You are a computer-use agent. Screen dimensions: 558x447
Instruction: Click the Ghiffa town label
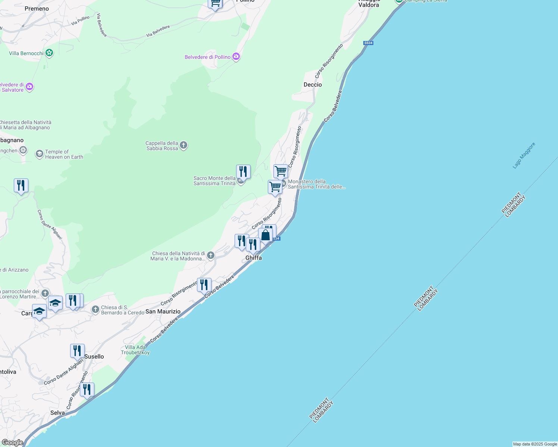254,258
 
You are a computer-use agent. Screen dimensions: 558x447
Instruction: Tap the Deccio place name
313,85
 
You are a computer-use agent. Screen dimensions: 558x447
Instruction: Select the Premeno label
37,9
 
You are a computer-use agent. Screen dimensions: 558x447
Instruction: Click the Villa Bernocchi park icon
49,53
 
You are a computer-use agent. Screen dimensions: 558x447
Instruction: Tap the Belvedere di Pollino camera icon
236,57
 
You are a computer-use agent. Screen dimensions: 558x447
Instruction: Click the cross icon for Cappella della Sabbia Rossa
183,145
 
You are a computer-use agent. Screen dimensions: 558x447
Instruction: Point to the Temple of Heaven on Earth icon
39,154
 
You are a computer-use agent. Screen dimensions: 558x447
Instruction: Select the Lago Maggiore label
524,155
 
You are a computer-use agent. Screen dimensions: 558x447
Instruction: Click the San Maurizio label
163,311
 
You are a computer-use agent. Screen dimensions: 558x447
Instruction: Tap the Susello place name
94,356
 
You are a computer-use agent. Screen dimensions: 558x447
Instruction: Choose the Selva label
57,413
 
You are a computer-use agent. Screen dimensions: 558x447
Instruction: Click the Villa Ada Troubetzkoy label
135,350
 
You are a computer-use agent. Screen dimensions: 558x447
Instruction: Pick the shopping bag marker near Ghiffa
265,235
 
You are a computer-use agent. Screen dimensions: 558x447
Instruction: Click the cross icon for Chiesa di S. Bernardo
95,310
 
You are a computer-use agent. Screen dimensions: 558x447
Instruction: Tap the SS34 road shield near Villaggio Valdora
368,43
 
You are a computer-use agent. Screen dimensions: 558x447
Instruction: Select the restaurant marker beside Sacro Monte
243,172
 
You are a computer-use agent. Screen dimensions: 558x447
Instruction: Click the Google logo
12,443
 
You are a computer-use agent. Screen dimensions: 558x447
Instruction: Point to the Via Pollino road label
81,20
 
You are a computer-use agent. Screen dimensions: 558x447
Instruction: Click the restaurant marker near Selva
87,390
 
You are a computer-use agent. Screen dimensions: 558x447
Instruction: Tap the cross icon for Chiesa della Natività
211,256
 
